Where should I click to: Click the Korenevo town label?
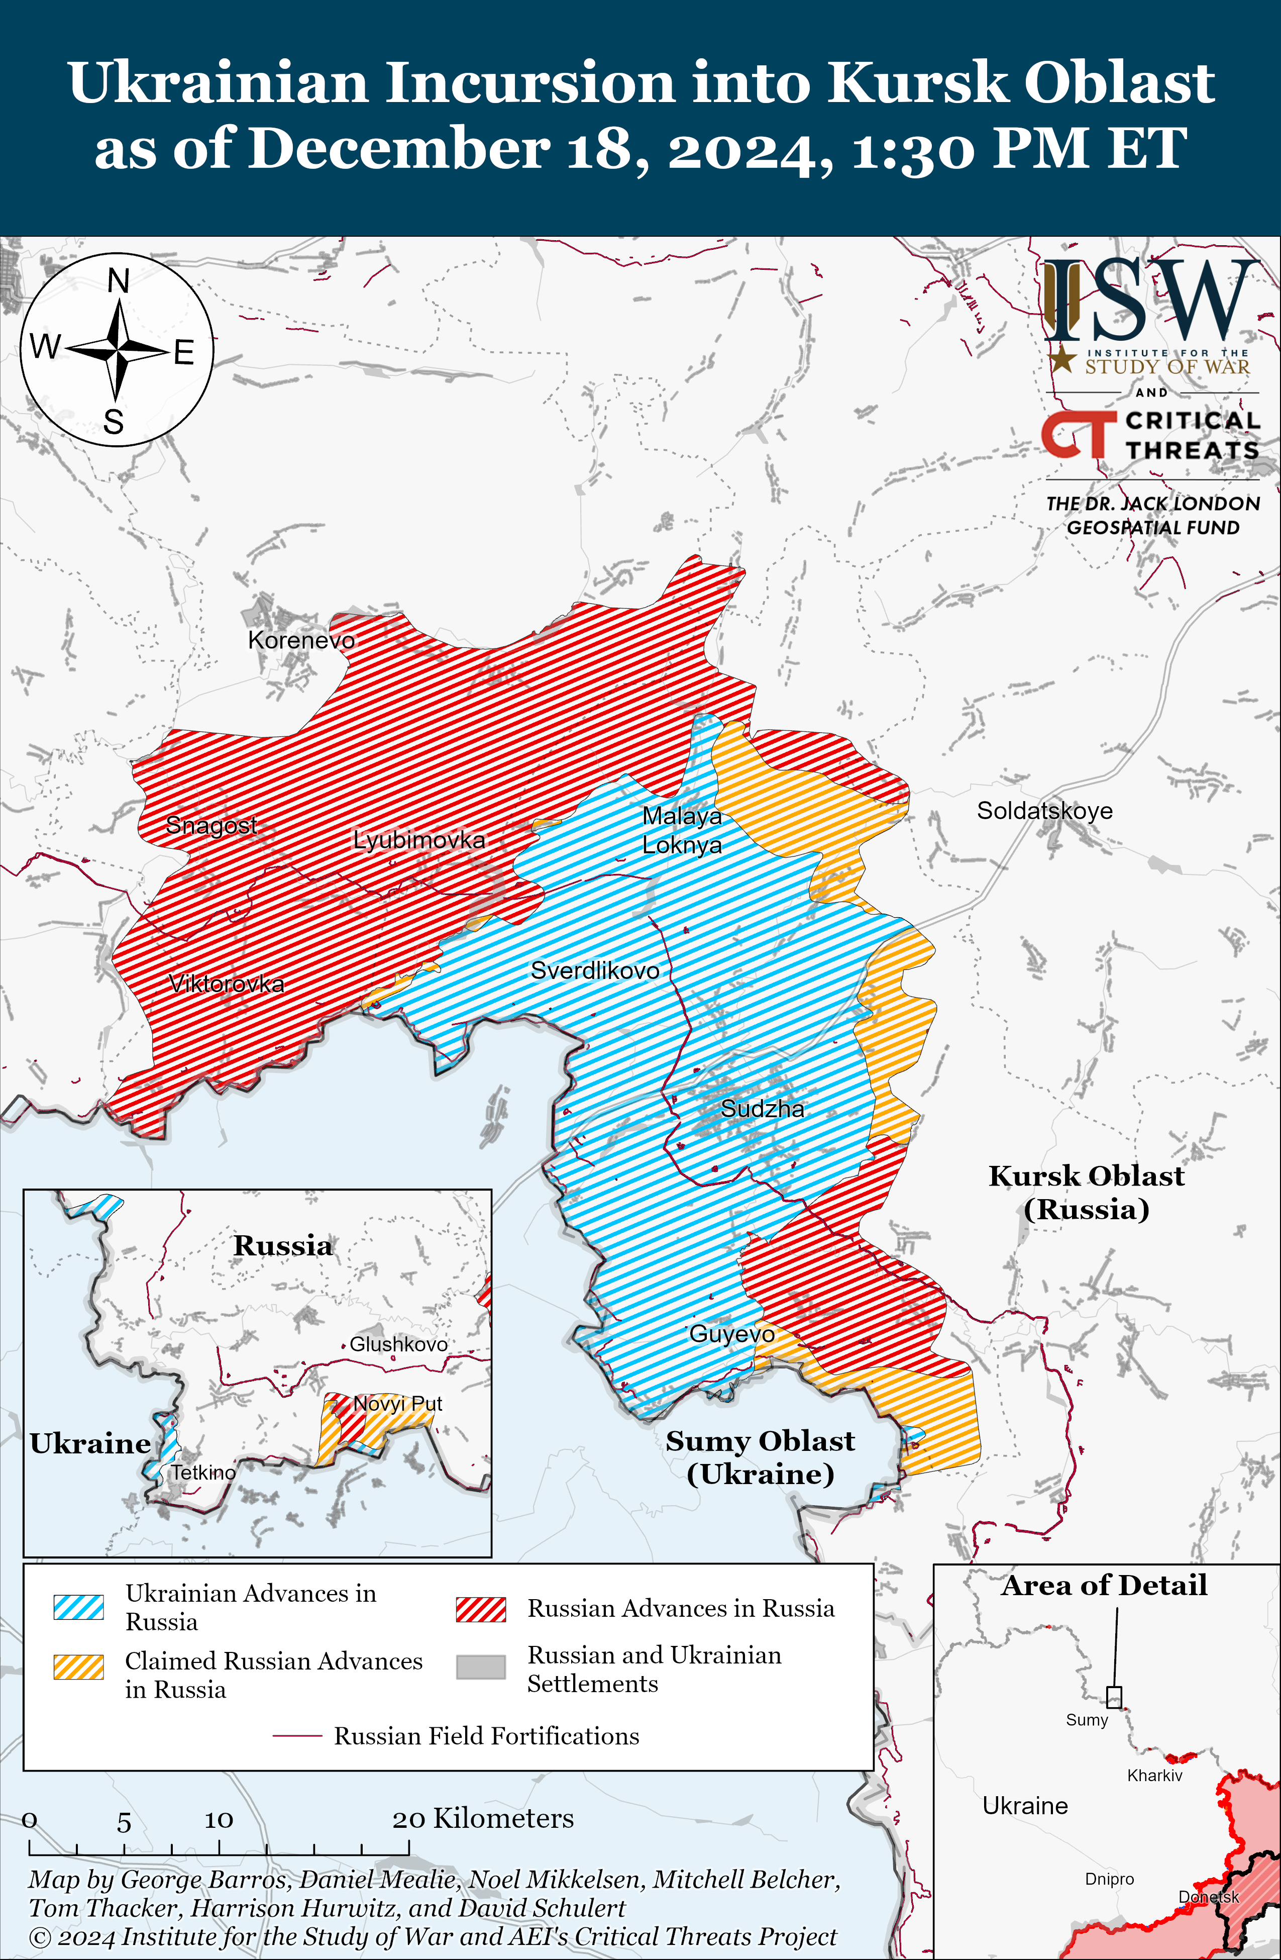click(x=301, y=640)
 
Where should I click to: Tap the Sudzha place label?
click(x=763, y=1109)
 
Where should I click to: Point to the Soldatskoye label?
click(x=1044, y=810)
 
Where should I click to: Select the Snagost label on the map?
click(x=211, y=824)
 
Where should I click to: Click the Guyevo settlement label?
click(x=731, y=1334)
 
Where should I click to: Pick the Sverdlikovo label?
click(x=594, y=970)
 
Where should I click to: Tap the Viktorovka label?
click(x=227, y=984)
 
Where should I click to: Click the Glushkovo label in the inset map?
click(x=398, y=1344)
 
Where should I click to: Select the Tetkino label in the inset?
click(x=202, y=1473)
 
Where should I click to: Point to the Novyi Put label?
click(x=398, y=1403)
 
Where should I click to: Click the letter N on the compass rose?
click(x=119, y=281)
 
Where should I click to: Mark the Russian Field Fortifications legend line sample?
click(x=296, y=1736)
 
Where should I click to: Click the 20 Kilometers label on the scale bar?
click(x=482, y=1818)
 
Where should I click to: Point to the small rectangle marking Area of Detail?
click(x=1114, y=1697)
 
